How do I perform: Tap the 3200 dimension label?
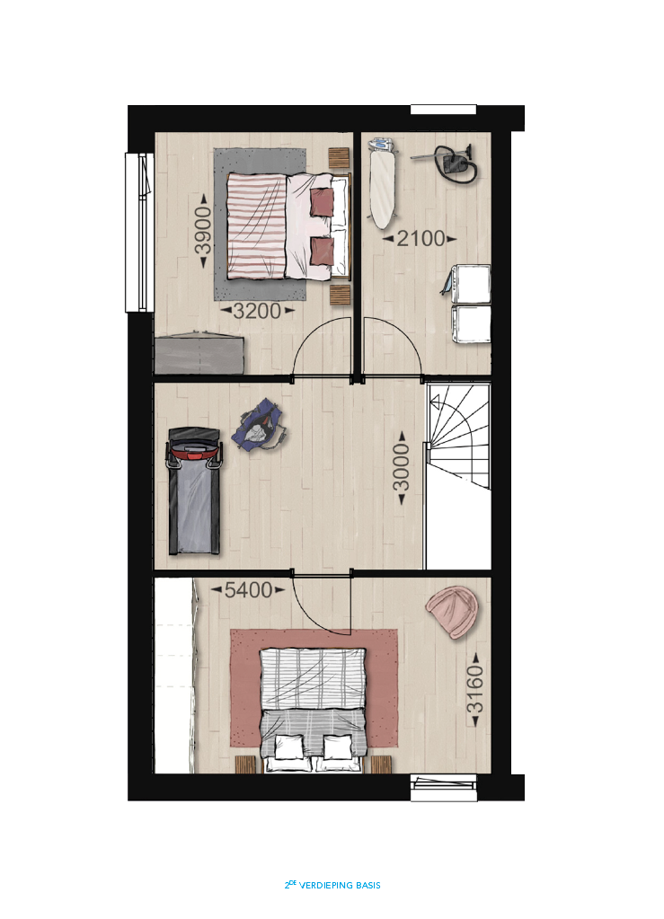257,311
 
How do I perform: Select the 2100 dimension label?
421,239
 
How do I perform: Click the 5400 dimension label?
249,589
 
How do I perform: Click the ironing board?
382,182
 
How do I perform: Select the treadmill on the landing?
194,491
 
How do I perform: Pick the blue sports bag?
259,424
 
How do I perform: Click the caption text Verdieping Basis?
340,885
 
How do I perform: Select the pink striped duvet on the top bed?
257,225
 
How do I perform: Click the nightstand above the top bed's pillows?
339,159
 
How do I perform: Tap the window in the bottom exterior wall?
444,789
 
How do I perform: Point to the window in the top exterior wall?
443,110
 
